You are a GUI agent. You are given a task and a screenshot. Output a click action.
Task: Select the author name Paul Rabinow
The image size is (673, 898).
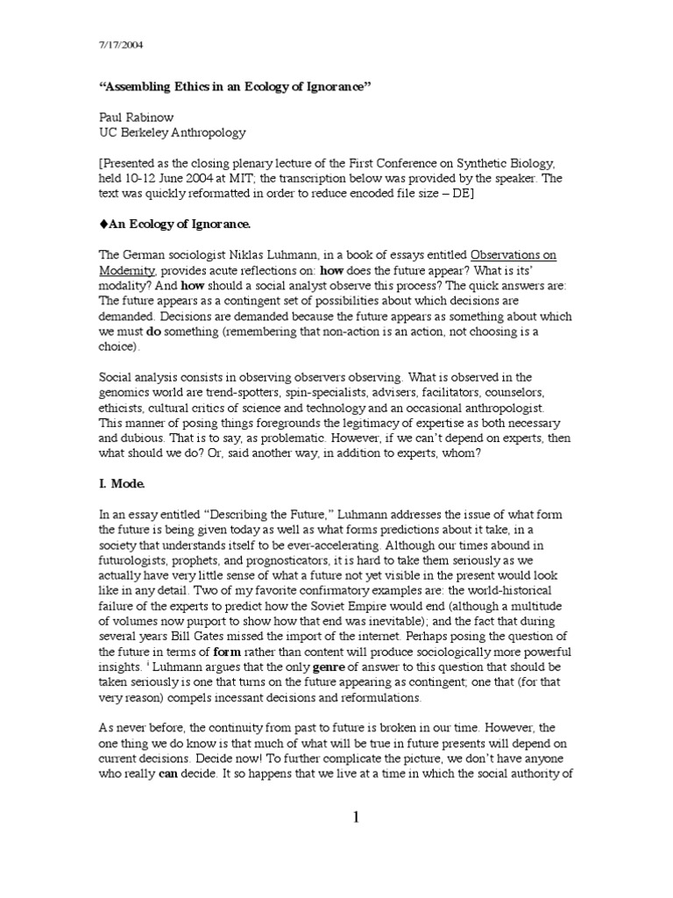pyautogui.click(x=135, y=118)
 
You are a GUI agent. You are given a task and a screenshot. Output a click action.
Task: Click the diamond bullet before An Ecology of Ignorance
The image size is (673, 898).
pyautogui.click(x=100, y=224)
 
